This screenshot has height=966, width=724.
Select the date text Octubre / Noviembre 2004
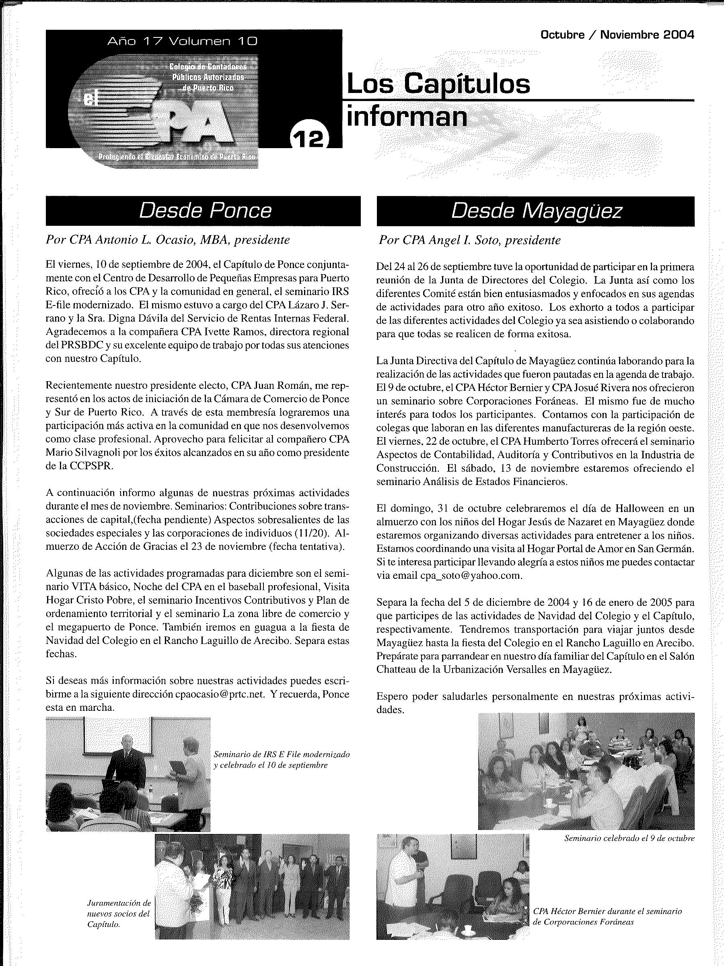(x=617, y=35)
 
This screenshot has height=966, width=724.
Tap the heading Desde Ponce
(x=205, y=211)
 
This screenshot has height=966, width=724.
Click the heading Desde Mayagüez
(x=536, y=211)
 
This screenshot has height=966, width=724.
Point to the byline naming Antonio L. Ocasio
(x=168, y=240)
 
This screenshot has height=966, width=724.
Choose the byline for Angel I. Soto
(x=469, y=240)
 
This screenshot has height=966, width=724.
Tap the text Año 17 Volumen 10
(x=182, y=41)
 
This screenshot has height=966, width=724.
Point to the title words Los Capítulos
(x=438, y=84)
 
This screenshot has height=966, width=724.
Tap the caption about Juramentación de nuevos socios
(x=118, y=914)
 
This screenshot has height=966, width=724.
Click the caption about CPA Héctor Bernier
(x=607, y=911)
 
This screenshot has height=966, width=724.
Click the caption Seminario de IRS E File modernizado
(x=282, y=760)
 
